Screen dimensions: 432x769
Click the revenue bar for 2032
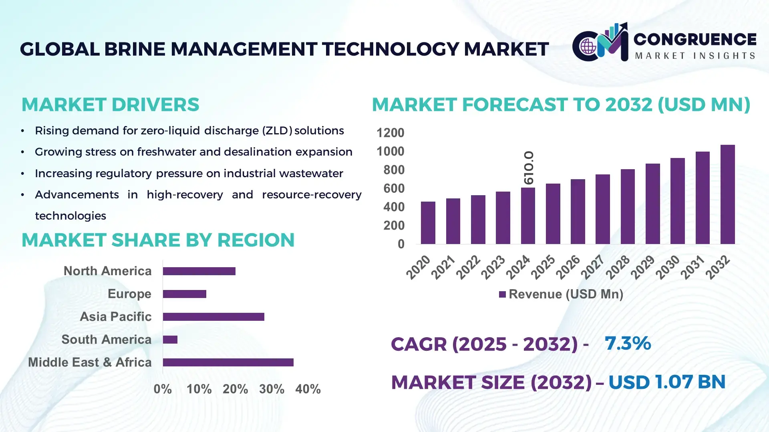tap(727, 194)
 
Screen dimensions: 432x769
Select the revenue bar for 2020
tap(428, 223)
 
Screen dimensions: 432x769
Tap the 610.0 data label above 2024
tap(529, 168)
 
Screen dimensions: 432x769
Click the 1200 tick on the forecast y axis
tap(390, 133)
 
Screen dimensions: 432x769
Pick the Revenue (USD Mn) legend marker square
tap(502, 294)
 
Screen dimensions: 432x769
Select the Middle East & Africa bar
tap(228, 362)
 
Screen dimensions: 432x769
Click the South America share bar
tap(170, 340)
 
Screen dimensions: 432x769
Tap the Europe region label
tap(129, 294)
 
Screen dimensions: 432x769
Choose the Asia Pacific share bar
tap(213, 317)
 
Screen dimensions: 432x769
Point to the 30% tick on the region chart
tap(272, 389)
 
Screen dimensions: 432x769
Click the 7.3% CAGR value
tap(628, 343)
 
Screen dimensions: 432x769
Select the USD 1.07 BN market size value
tap(667, 382)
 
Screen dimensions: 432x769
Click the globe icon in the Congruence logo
tap(588, 46)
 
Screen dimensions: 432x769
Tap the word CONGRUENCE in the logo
tap(695, 39)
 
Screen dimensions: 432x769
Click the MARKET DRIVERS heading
tap(110, 105)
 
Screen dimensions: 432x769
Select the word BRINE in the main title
tap(135, 49)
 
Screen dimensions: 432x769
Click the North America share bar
tap(199, 271)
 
